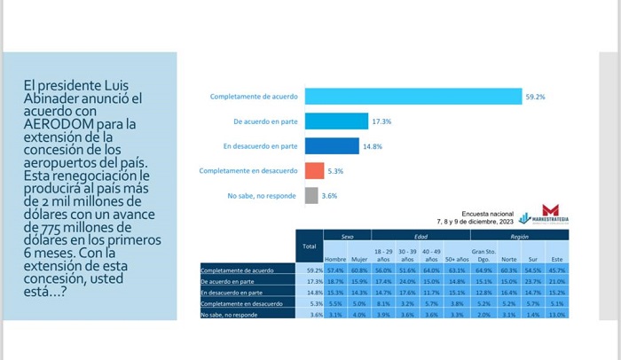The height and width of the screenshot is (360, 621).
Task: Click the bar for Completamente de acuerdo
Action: [413, 96]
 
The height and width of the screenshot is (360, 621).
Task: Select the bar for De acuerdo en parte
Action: [336, 121]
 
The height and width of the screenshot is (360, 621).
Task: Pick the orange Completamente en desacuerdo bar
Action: [314, 171]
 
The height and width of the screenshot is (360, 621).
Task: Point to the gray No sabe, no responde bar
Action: [310, 196]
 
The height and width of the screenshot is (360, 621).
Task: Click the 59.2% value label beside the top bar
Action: [535, 96]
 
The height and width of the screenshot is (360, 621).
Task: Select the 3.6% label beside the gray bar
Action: [329, 196]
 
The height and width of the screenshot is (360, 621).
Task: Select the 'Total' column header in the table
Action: [309, 245]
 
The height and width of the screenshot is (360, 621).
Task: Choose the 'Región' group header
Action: [520, 237]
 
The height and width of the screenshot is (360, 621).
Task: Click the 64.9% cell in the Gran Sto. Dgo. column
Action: [483, 270]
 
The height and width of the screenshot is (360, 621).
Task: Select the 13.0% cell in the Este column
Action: [556, 315]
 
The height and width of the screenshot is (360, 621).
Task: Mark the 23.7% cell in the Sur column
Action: [532, 280]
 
